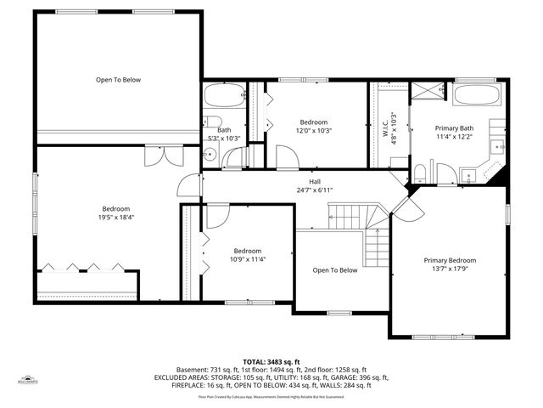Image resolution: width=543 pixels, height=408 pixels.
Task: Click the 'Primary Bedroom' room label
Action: [450, 261]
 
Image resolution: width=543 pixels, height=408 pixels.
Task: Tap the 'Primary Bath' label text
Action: [454, 128]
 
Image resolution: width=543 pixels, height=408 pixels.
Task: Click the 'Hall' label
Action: [314, 182]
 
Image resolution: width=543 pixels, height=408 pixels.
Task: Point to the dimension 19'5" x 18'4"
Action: [116, 218]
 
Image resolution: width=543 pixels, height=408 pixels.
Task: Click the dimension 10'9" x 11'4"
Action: [248, 259]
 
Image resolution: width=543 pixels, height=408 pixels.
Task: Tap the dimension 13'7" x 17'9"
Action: [450, 269]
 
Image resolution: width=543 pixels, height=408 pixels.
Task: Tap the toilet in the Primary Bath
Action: [419, 174]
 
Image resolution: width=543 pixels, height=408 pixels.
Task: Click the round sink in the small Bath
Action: [210, 156]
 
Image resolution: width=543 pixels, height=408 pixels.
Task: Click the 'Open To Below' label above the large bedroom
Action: [118, 80]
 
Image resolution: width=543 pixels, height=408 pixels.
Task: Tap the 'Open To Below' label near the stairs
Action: [335, 270]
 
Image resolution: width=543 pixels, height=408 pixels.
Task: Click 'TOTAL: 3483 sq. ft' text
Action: [271, 361]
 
